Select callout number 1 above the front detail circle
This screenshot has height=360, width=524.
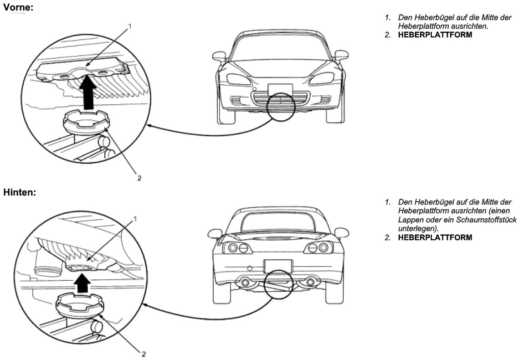[x=130, y=26]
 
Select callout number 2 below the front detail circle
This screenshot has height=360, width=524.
[x=139, y=179]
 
